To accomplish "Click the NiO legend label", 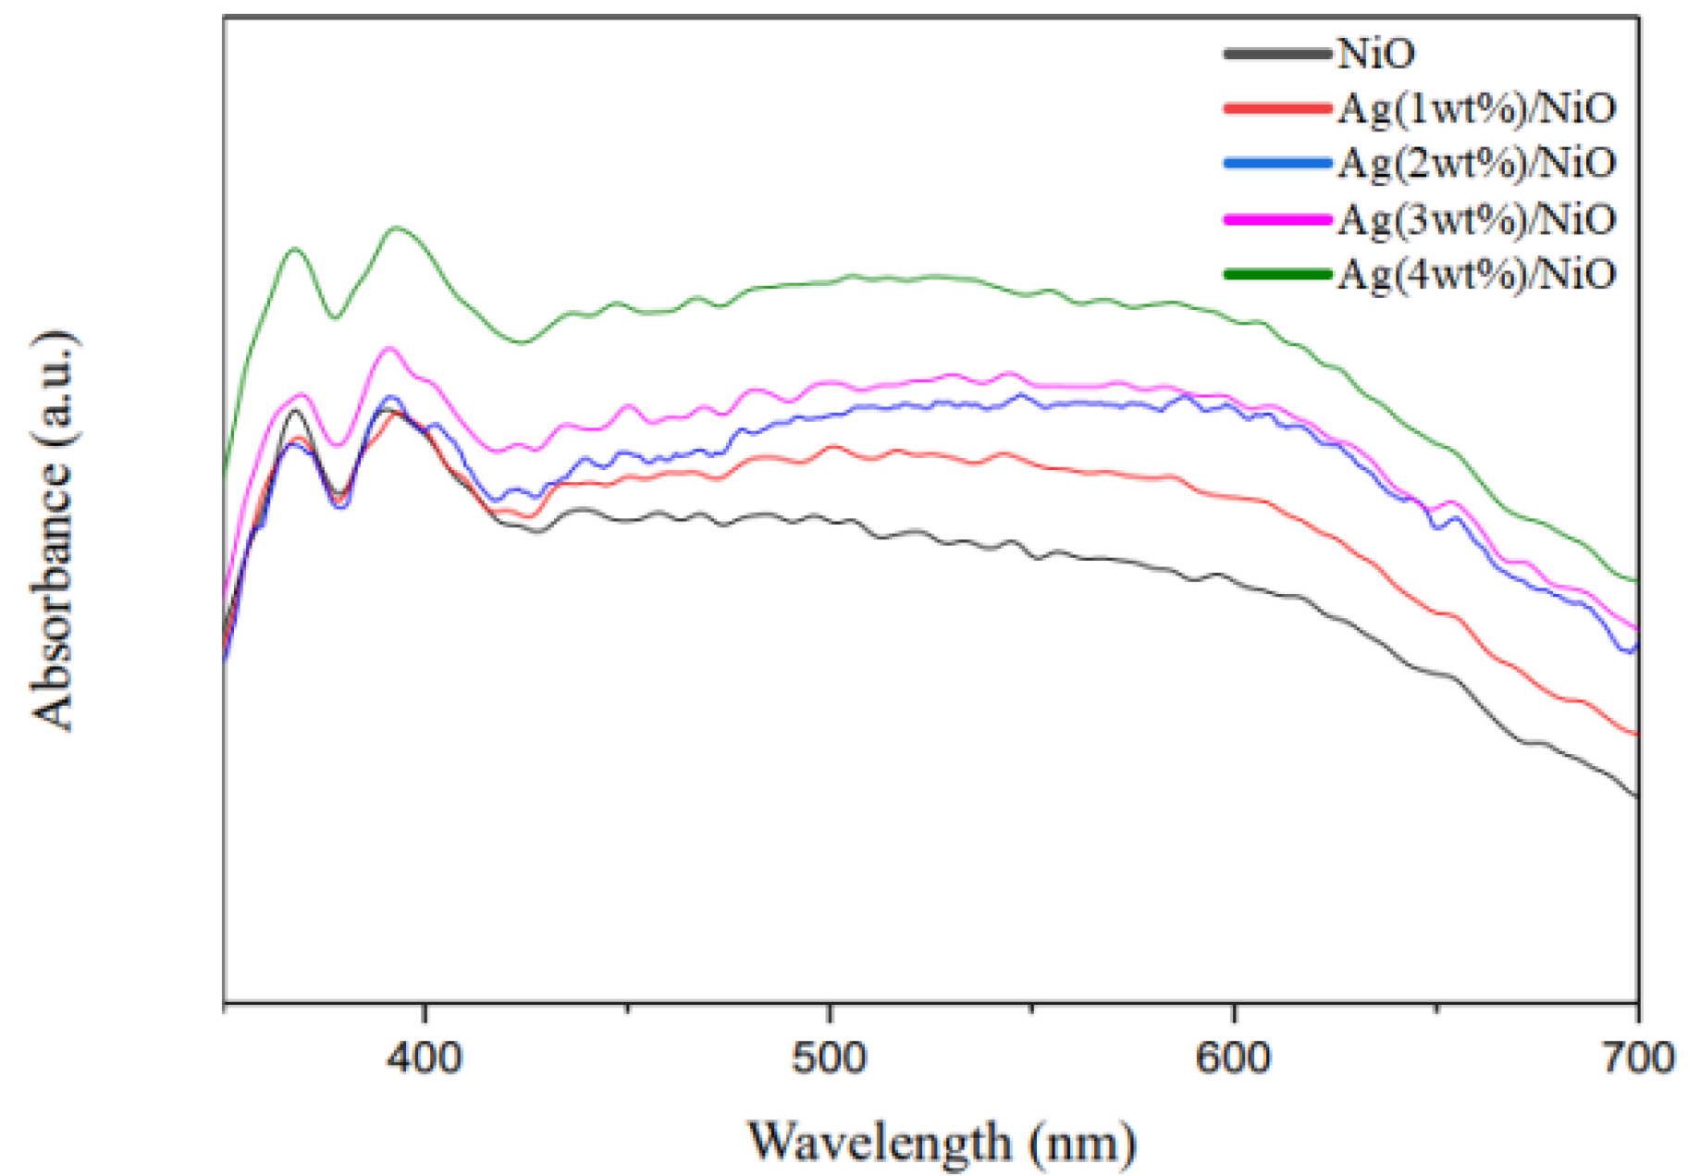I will pyautogui.click(x=1375, y=54).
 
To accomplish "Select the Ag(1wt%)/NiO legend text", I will pyautogui.click(x=1476, y=108).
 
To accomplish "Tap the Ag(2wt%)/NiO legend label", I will pyautogui.click(x=1476, y=163).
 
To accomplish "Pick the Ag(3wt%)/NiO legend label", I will pyautogui.click(x=1476, y=218).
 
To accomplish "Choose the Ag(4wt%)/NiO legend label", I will pyautogui.click(x=1476, y=273).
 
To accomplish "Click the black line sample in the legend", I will pyautogui.click(x=1277, y=54).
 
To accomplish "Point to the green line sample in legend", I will pyautogui.click(x=1277, y=273).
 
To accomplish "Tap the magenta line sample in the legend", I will pyautogui.click(x=1277, y=218).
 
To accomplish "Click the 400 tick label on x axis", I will pyautogui.click(x=425, y=1057).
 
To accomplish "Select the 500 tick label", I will pyautogui.click(x=829, y=1057).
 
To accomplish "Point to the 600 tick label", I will pyautogui.click(x=1233, y=1057).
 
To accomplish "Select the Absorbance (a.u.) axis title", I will pyautogui.click(x=52, y=530).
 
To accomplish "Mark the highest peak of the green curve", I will pyautogui.click(x=397, y=227).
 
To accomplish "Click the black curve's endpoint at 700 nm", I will pyautogui.click(x=1637, y=796).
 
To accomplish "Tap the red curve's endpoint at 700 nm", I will pyautogui.click(x=1637, y=735).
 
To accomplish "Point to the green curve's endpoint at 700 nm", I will pyautogui.click(x=1637, y=581).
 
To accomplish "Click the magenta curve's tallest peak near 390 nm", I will pyautogui.click(x=389, y=348).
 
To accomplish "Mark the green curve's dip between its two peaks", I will pyautogui.click(x=335, y=318).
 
